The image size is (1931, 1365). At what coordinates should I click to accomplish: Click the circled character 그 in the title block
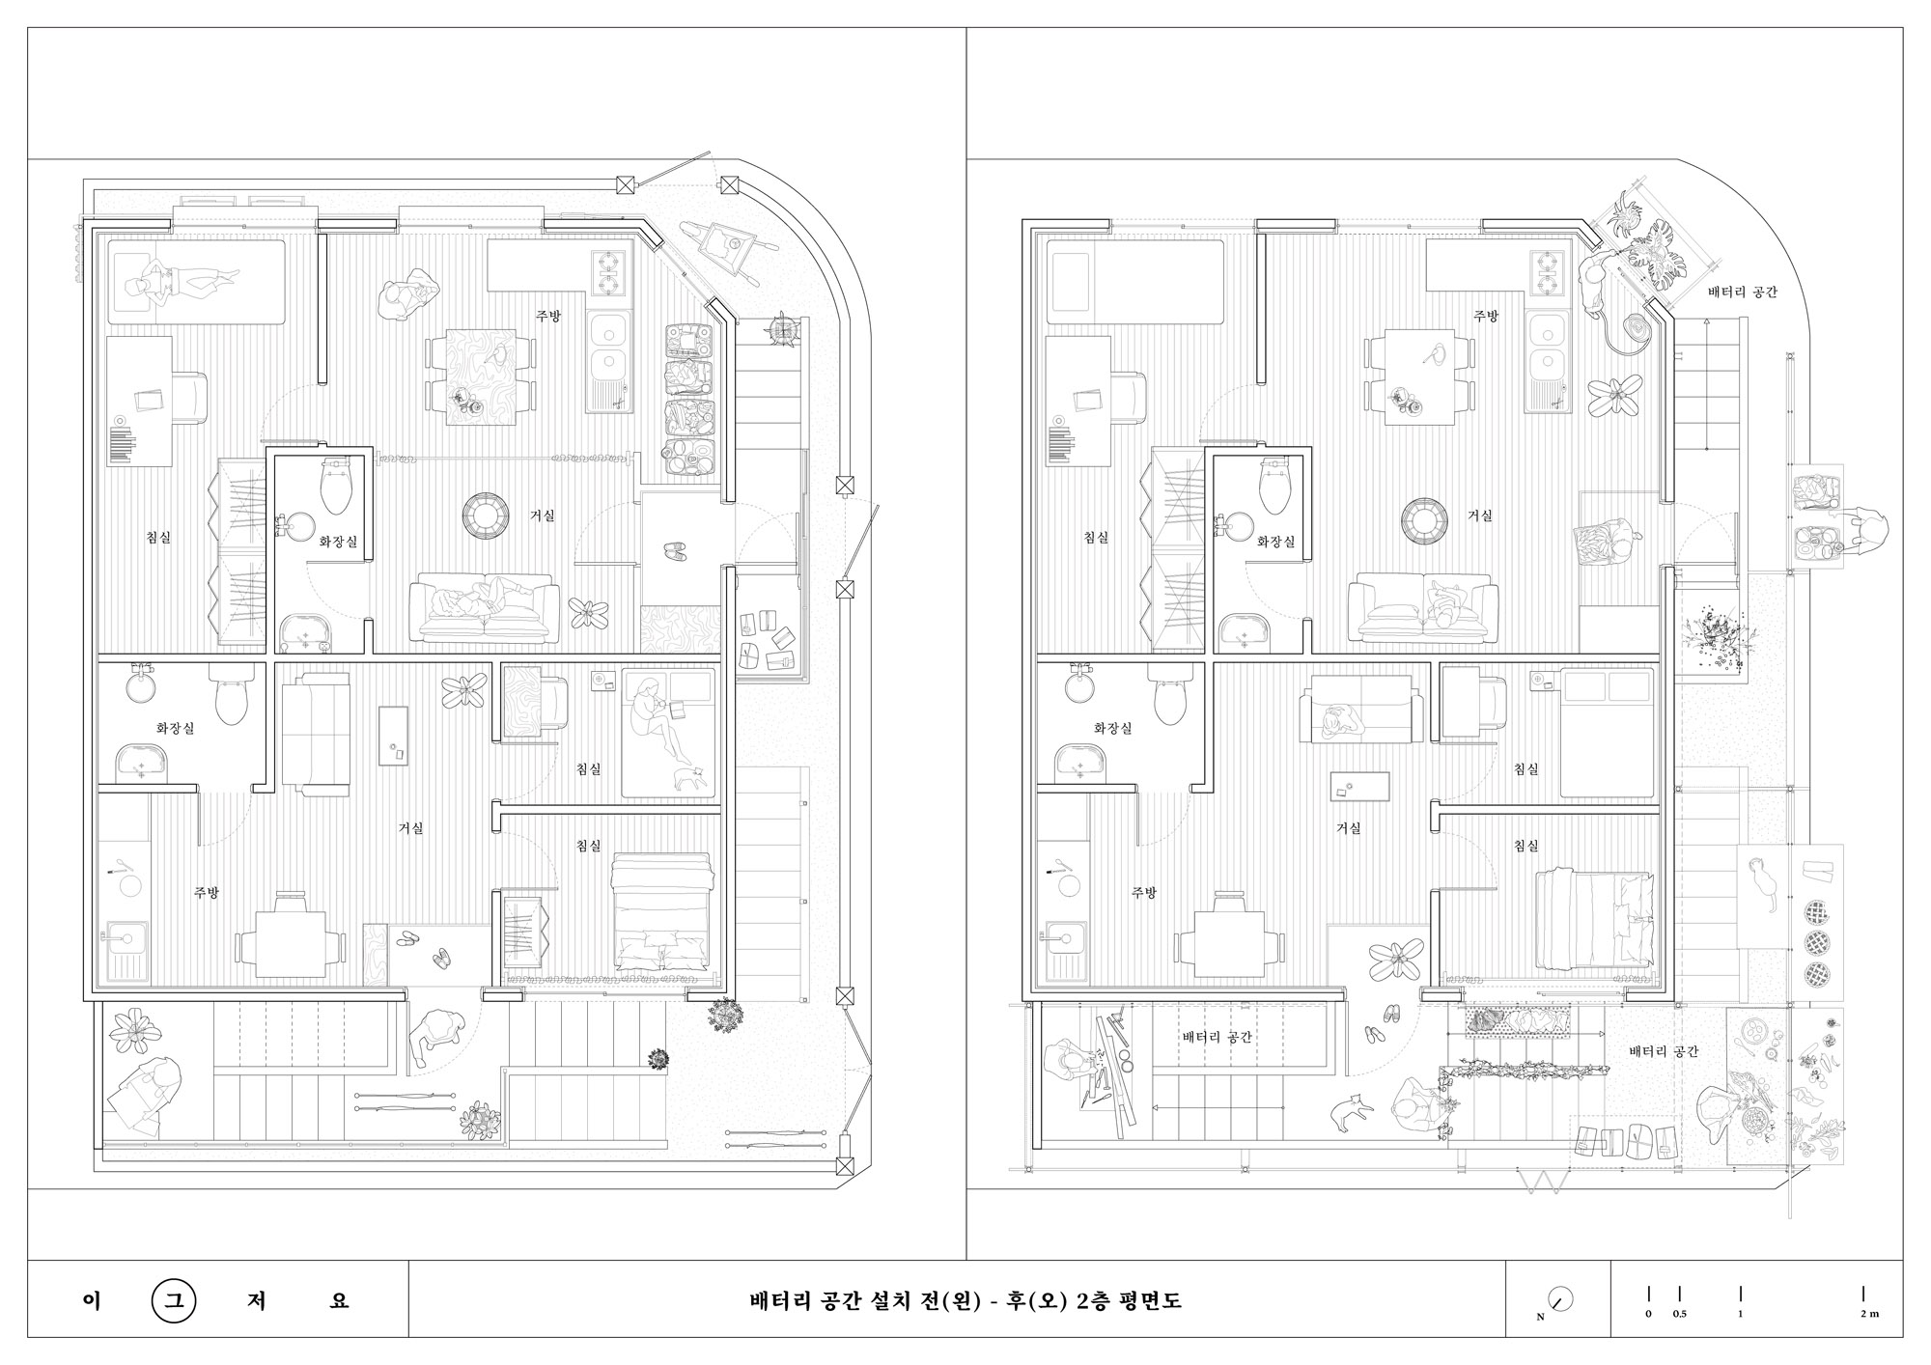(x=174, y=1299)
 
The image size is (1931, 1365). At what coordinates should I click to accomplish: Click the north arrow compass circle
(x=1560, y=1298)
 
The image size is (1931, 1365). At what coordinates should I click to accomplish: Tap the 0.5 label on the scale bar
(x=1680, y=1314)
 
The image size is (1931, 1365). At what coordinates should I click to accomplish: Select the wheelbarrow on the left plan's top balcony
(x=724, y=250)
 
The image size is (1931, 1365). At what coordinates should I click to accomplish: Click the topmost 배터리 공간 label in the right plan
(x=1742, y=292)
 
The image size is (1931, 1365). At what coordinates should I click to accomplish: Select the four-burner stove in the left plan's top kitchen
(x=610, y=272)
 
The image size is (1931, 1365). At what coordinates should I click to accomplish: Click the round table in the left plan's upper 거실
(x=486, y=516)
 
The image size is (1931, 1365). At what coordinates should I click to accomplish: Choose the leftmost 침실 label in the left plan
(x=158, y=537)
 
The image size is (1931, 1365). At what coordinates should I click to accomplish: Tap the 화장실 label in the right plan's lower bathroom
(x=1113, y=728)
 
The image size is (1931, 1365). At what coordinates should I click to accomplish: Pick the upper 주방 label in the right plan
(x=1486, y=316)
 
